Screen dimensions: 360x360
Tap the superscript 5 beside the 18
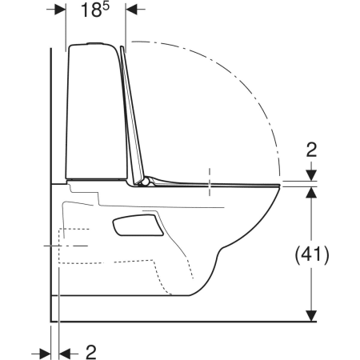click(106, 6)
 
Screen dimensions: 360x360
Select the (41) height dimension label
click(312, 254)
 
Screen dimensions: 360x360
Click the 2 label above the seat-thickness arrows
click(311, 150)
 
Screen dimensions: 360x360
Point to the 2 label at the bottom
click(91, 352)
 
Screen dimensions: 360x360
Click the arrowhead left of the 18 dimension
click(60, 10)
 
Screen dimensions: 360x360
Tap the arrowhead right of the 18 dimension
click(131, 10)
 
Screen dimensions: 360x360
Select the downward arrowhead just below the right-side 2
click(311, 175)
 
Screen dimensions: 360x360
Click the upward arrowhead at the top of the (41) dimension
click(311, 192)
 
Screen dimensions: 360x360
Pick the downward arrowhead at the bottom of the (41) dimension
click(311, 316)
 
